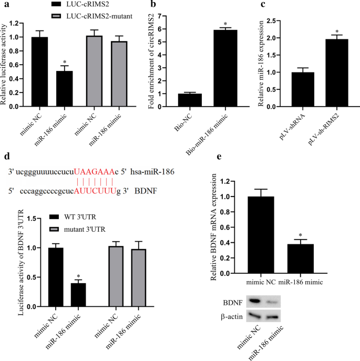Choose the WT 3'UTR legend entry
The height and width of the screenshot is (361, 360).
coord(74,216)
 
